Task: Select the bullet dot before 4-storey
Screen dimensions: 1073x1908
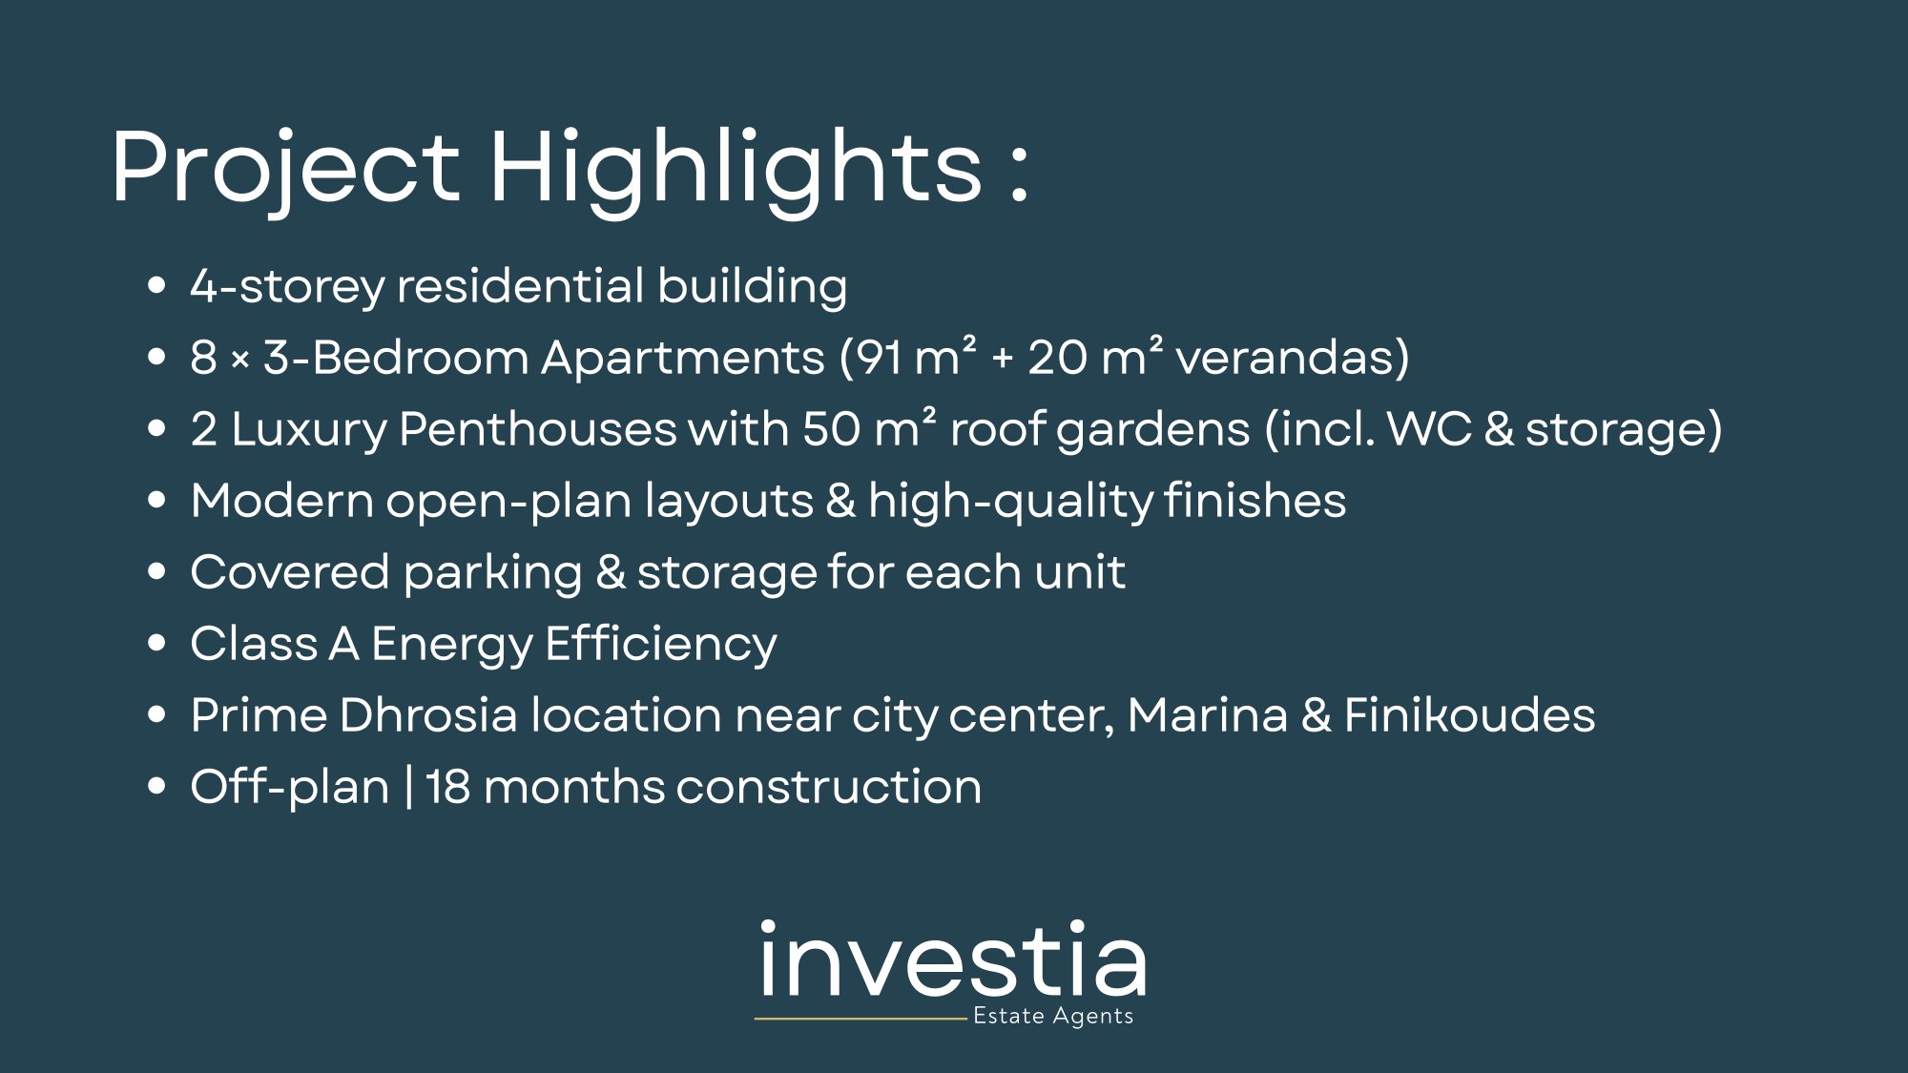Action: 157,285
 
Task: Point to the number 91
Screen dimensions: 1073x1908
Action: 877,358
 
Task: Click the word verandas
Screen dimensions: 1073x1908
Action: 1292,358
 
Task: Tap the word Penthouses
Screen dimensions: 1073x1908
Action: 537,429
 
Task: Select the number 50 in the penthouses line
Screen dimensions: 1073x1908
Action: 831,429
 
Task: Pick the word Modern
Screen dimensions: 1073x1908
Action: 281,501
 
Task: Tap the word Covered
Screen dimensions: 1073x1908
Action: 290,572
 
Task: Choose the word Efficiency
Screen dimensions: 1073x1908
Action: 661,644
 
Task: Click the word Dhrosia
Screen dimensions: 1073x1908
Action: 427,715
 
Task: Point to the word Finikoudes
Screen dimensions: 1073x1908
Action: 1469,715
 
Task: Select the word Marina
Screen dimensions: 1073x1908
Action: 1207,715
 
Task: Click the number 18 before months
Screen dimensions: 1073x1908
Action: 447,787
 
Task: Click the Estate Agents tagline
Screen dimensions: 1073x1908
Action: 1053,1017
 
